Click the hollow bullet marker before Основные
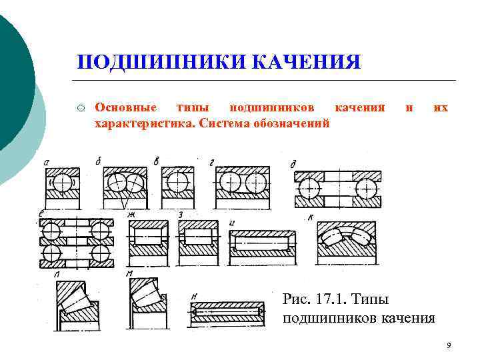pos(79,108)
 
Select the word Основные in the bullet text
pos(127,107)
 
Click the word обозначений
pos(293,123)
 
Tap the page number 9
pos(449,345)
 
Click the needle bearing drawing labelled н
pos(229,310)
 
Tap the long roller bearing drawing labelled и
pos(262,244)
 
